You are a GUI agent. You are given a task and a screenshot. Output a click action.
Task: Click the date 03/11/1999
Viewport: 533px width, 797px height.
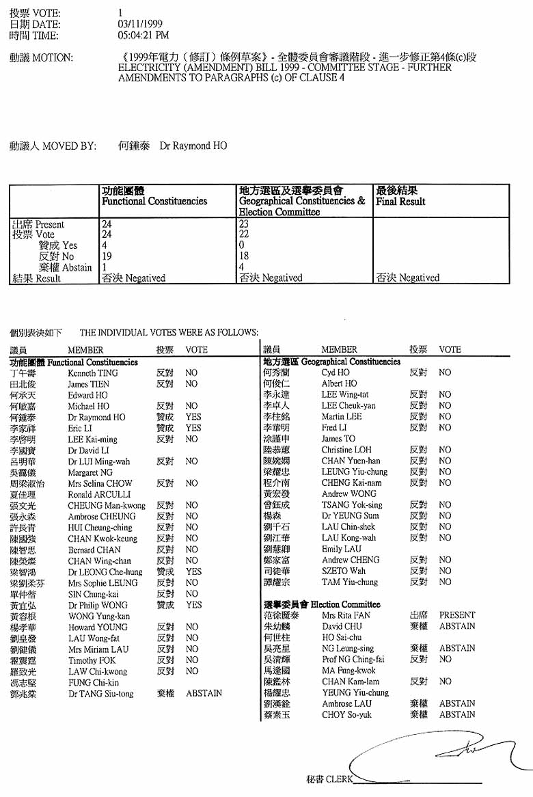tap(140, 24)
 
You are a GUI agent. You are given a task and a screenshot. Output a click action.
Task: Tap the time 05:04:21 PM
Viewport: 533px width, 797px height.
tap(143, 35)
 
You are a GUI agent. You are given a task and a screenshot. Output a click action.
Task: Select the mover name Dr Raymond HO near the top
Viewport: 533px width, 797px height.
tap(193, 146)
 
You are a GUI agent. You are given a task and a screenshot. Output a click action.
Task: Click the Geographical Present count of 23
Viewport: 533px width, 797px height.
tap(245, 224)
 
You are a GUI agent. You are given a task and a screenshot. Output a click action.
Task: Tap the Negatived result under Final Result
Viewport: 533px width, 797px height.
tap(407, 278)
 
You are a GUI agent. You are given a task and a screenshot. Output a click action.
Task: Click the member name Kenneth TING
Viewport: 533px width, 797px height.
tap(93, 373)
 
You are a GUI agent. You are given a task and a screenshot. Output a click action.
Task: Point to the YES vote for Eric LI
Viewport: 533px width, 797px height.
tap(193, 428)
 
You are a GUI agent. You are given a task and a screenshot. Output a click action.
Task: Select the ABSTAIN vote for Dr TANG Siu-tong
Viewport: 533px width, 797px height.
tap(204, 693)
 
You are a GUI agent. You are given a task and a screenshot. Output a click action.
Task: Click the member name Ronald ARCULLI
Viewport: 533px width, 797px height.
tap(97, 494)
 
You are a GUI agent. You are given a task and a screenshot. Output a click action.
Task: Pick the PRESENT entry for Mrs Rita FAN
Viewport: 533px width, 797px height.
tap(456, 615)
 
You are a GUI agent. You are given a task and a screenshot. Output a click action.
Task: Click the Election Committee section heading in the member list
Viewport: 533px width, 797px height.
tap(321, 604)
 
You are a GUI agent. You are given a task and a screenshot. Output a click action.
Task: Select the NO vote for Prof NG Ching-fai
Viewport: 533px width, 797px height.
tap(445, 660)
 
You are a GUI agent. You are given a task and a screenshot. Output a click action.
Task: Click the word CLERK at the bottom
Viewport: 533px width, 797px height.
tap(339, 779)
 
